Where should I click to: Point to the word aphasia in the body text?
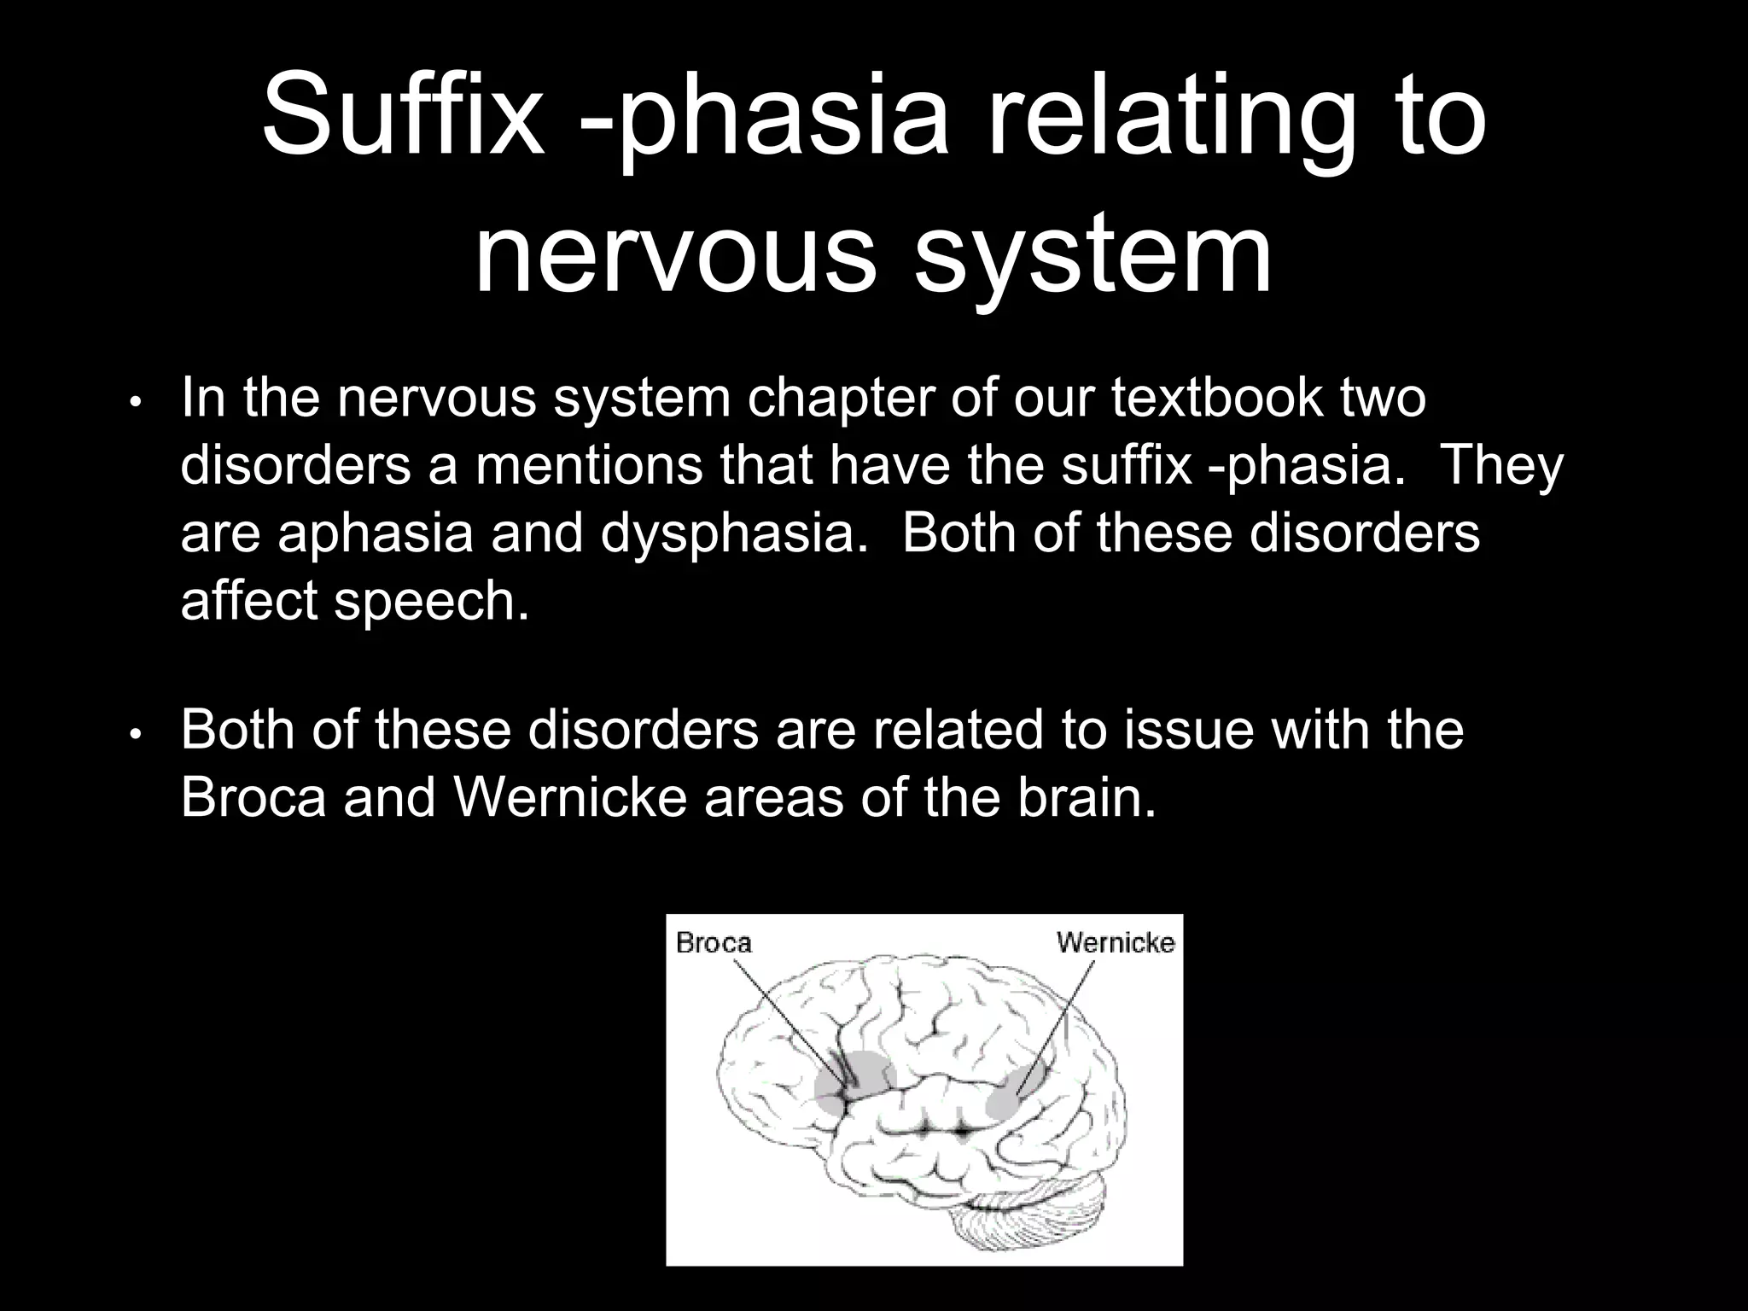pos(376,533)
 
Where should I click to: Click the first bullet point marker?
pos(136,402)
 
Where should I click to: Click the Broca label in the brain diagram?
pos(714,942)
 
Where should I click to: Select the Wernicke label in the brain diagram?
pos(1115,942)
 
